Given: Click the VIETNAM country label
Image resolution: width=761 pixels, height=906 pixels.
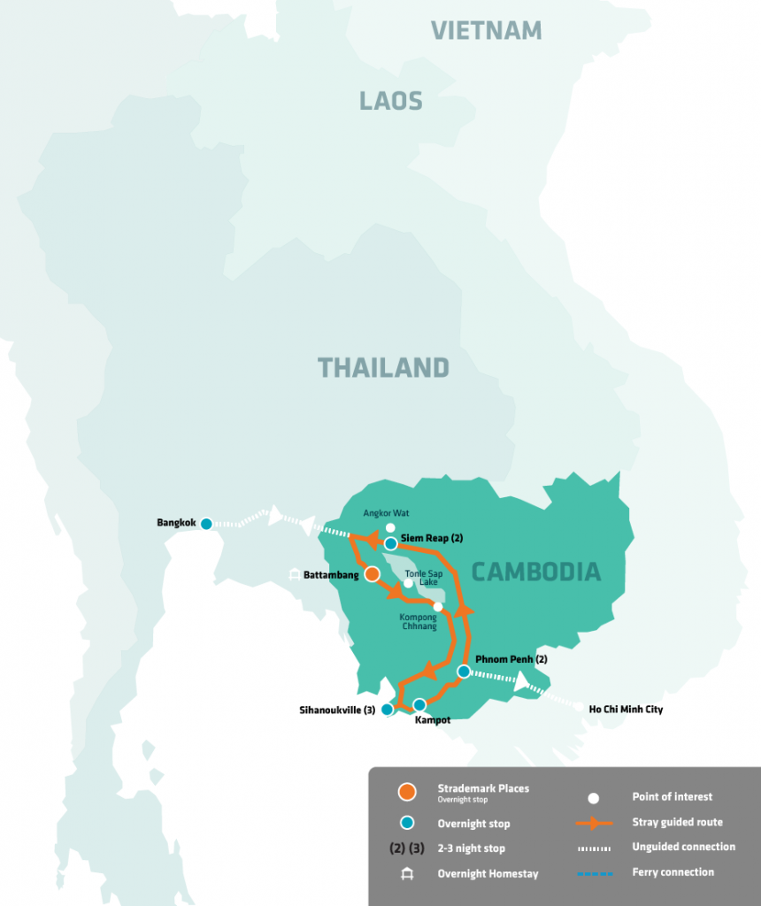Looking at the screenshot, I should pyautogui.click(x=486, y=31).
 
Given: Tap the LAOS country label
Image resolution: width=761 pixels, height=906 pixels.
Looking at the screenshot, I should pyautogui.click(x=390, y=101).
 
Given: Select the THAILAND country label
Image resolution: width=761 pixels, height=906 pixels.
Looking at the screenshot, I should pyautogui.click(x=383, y=367).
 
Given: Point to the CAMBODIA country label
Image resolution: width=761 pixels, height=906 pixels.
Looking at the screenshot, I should pyautogui.click(x=535, y=572).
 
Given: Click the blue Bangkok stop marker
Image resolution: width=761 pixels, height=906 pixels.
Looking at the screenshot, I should pyautogui.click(x=206, y=524).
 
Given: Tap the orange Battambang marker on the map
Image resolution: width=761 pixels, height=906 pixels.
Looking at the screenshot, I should pyautogui.click(x=373, y=574).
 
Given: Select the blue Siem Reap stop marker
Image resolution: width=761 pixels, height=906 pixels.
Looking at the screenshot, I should pyautogui.click(x=390, y=543).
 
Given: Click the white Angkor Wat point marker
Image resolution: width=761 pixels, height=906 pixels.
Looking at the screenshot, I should pyautogui.click(x=390, y=528).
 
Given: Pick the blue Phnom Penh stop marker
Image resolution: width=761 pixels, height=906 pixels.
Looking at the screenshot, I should pyautogui.click(x=463, y=672).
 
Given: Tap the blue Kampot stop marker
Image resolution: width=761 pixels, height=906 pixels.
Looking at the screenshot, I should pyautogui.click(x=419, y=705).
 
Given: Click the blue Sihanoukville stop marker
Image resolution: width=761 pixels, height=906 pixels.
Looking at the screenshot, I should pyautogui.click(x=387, y=710).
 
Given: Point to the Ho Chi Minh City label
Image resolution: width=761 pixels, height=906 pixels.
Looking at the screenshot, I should pyautogui.click(x=626, y=710).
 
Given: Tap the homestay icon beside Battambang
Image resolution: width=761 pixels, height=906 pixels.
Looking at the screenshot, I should pyautogui.click(x=294, y=575).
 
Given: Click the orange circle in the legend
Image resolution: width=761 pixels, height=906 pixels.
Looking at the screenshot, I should pyautogui.click(x=407, y=792).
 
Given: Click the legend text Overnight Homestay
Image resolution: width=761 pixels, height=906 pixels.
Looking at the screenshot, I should pyautogui.click(x=488, y=874).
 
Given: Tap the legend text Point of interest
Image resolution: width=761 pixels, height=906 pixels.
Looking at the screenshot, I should pyautogui.click(x=672, y=796).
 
